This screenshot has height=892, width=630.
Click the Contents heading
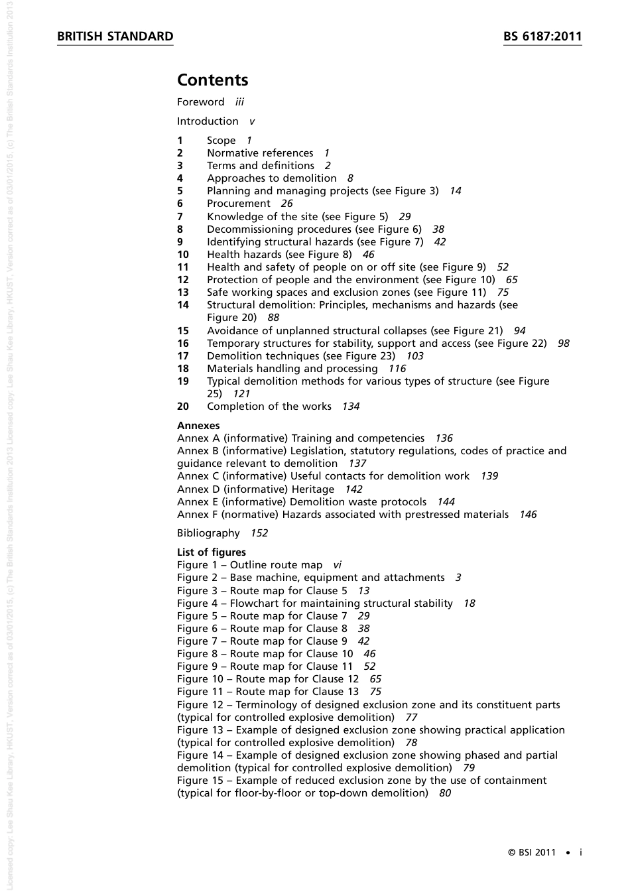pyautogui.click(x=212, y=80)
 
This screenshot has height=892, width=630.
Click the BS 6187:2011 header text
pyautogui.click(x=542, y=36)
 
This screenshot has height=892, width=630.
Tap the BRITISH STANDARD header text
pyautogui.click(x=115, y=36)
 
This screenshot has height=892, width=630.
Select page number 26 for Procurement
pyautogui.click(x=286, y=204)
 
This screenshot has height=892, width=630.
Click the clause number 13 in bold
pyautogui.click(x=183, y=292)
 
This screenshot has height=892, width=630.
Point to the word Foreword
pyautogui.click(x=200, y=102)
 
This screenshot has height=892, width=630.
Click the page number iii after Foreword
pyautogui.click(x=239, y=102)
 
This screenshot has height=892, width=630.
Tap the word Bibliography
pyautogui.click(x=208, y=533)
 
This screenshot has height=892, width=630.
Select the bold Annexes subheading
pyautogui.click(x=198, y=426)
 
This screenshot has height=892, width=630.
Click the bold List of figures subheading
pyautogui.click(x=211, y=552)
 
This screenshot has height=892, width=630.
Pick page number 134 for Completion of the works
pyautogui.click(x=350, y=407)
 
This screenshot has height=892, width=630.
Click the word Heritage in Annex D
pyautogui.click(x=312, y=489)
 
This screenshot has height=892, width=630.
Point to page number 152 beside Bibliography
pyautogui.click(x=259, y=533)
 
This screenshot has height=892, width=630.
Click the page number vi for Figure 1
pyautogui.click(x=337, y=565)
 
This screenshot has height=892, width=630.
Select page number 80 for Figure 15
pyautogui.click(x=444, y=793)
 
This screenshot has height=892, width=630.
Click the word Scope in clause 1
pyautogui.click(x=221, y=141)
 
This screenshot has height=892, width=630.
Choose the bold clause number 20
pyautogui.click(x=183, y=407)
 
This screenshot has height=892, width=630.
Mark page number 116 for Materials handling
pyautogui.click(x=397, y=369)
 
